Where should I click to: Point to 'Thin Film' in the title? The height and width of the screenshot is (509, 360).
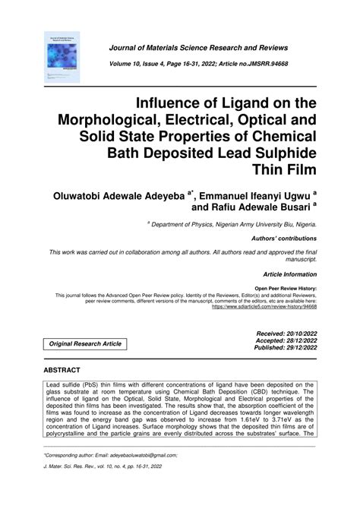pyautogui.click(x=289, y=171)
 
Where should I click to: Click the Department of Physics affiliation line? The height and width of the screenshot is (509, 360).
pyautogui.click(x=235, y=226)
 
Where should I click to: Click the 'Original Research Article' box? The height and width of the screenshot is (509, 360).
pyautogui.click(x=84, y=344)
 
